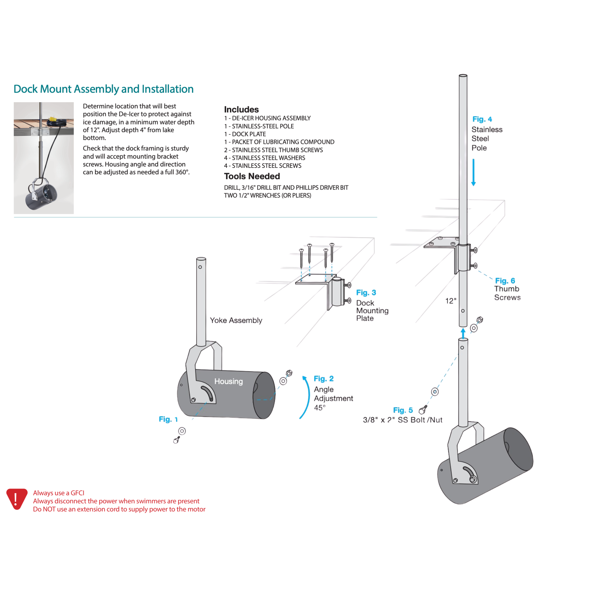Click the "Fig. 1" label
(168, 419)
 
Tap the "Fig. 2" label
(323, 378)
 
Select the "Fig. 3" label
(366, 292)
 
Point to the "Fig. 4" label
(482, 119)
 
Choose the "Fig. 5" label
(403, 410)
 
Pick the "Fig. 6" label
(505, 281)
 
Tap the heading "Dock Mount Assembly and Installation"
(104, 89)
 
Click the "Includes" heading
(241, 110)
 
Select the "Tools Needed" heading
(252, 176)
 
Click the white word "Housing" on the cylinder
(228, 381)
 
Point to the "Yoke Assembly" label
(236, 320)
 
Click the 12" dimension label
(451, 301)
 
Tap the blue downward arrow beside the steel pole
(474, 172)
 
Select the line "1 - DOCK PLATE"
(245, 134)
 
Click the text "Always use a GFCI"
(58, 493)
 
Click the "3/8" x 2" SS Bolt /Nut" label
(402, 420)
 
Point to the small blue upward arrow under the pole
(463, 333)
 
